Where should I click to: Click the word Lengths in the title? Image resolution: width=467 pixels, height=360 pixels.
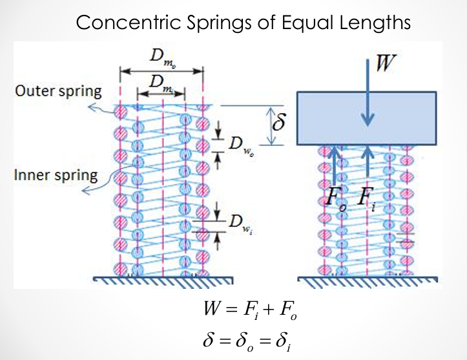tap(375, 23)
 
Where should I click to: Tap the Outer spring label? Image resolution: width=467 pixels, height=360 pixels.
tap(58, 91)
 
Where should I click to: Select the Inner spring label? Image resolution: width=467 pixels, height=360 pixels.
tap(56, 175)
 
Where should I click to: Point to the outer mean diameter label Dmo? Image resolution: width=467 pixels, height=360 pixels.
tap(162, 58)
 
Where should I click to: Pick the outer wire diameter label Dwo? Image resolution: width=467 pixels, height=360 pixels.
tap(242, 145)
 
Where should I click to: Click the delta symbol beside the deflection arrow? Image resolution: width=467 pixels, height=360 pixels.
tap(278, 122)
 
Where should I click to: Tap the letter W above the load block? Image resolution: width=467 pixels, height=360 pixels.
tap(386, 63)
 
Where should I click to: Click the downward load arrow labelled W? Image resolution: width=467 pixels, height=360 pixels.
tap(368, 92)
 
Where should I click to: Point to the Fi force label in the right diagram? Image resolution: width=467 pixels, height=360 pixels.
tap(366, 199)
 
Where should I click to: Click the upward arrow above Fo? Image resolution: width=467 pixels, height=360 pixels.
tap(335, 165)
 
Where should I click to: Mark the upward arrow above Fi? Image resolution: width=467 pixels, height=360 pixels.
tap(368, 161)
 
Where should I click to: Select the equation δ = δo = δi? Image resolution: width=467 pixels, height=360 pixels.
tap(247, 341)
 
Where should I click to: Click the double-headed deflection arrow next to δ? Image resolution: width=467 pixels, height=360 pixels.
tap(271, 126)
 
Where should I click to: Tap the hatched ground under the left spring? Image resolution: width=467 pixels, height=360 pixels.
tap(163, 282)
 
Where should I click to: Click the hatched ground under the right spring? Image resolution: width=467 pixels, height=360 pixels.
tap(368, 282)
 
